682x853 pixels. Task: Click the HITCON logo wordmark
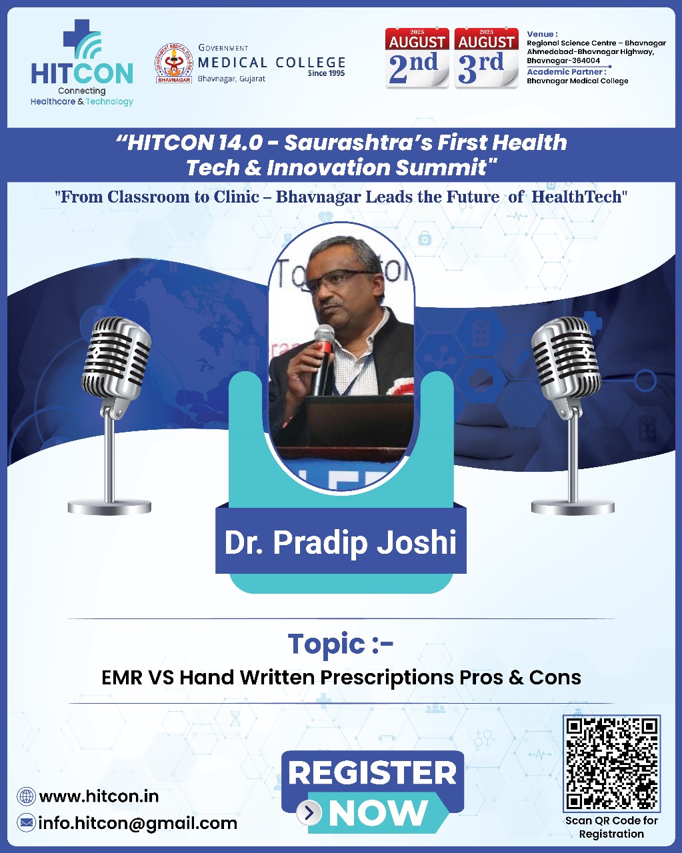pyautogui.click(x=82, y=73)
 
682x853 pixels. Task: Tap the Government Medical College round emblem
pyautogui.click(x=173, y=63)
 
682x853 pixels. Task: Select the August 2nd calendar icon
pyautogui.click(x=417, y=58)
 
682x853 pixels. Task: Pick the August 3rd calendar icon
pyautogui.click(x=486, y=58)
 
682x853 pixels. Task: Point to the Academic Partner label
pyautogui.click(x=566, y=72)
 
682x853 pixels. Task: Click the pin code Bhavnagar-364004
pyautogui.click(x=563, y=61)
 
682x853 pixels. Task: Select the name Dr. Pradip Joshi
pyautogui.click(x=341, y=542)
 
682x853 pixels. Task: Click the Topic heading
pyautogui.click(x=341, y=644)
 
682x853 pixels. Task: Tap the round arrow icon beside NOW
pyautogui.click(x=309, y=812)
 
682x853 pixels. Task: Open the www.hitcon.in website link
pyautogui.click(x=99, y=796)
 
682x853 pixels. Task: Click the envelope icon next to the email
pyautogui.click(x=26, y=823)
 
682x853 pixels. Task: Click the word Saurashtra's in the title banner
pyautogui.click(x=358, y=143)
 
